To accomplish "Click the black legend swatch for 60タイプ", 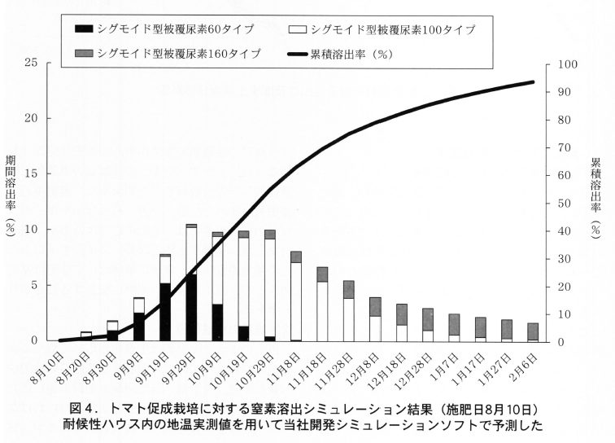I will (83, 29).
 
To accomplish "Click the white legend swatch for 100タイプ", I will (298, 29).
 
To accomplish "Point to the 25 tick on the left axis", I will (32, 64).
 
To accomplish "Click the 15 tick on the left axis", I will (32, 174).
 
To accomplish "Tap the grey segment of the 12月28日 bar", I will (428, 319).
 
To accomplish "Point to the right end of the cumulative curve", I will (533, 81).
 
